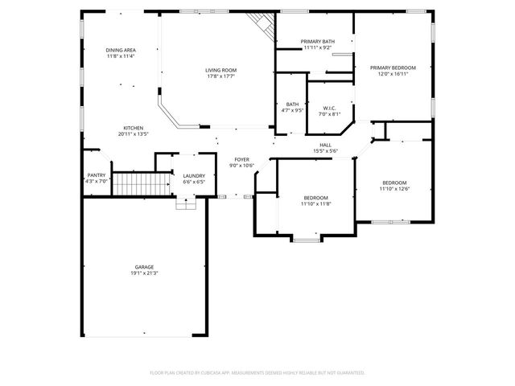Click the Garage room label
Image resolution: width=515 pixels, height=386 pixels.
click(144, 267)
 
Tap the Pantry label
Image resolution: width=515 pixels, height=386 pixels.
click(96, 175)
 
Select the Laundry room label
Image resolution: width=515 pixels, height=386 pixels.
click(193, 176)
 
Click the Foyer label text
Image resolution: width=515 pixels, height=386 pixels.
click(241, 160)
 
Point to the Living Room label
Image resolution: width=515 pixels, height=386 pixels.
click(222, 70)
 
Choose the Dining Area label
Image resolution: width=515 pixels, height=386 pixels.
click(120, 50)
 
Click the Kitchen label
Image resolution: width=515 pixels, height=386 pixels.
click(134, 129)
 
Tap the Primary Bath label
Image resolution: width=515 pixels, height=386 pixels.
click(318, 41)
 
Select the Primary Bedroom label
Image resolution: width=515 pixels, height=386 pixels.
click(393, 68)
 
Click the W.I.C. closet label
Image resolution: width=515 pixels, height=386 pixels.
click(329, 108)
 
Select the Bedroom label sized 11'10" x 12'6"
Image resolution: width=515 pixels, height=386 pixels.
click(394, 183)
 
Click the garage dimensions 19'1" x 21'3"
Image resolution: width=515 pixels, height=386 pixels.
click(144, 273)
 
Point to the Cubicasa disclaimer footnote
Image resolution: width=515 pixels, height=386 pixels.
click(257, 373)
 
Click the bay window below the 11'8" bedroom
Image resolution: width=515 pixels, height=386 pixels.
click(305, 238)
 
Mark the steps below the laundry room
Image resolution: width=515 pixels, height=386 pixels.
click(186, 203)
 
